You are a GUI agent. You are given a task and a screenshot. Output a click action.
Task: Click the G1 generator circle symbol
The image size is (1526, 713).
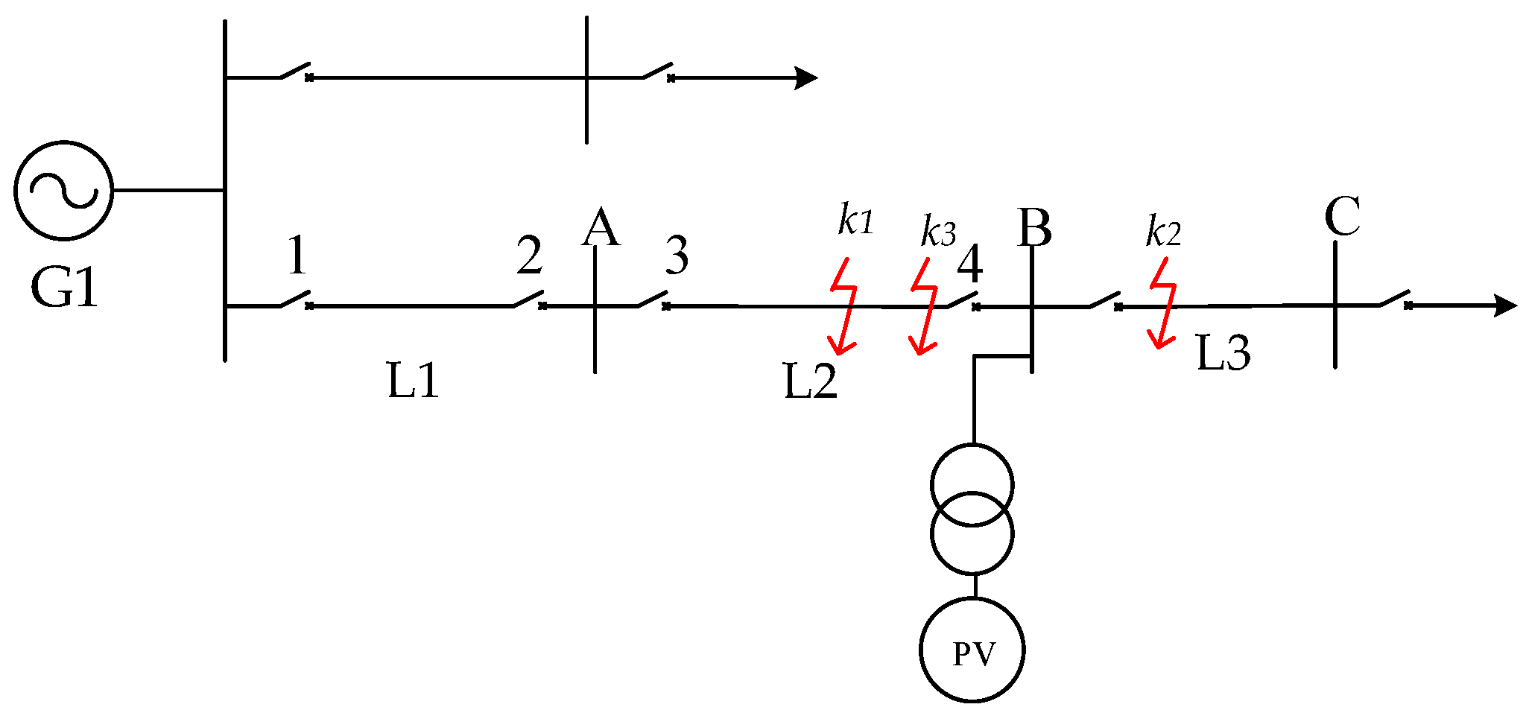click(64, 191)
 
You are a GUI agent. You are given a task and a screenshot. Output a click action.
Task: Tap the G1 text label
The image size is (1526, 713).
click(64, 288)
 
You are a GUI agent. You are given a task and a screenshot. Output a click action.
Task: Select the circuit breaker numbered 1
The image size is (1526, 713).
click(296, 299)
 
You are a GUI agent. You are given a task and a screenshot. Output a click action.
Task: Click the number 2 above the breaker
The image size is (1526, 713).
click(530, 256)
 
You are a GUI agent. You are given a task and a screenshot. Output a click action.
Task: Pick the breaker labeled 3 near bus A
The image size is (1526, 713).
click(653, 299)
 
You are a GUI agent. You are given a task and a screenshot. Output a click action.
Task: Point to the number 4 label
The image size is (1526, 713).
click(969, 264)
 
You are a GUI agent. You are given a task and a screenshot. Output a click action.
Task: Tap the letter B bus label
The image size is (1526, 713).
click(1035, 227)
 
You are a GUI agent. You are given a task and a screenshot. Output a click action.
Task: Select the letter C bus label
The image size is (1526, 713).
click(1342, 217)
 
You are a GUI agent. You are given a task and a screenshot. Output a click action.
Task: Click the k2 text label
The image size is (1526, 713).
click(1163, 232)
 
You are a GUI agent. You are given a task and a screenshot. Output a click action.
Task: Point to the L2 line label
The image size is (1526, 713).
click(811, 381)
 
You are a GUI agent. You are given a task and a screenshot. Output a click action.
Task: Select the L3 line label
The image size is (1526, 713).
click(1223, 352)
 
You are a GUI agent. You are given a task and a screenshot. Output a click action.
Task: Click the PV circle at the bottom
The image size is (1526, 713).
click(972, 650)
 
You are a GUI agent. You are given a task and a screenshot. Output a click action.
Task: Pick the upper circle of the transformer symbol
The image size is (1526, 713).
click(972, 485)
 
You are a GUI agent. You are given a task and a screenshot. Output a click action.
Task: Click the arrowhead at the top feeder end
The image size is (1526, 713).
click(806, 77)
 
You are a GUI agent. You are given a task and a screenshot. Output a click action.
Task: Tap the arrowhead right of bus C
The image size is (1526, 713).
click(1506, 305)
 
